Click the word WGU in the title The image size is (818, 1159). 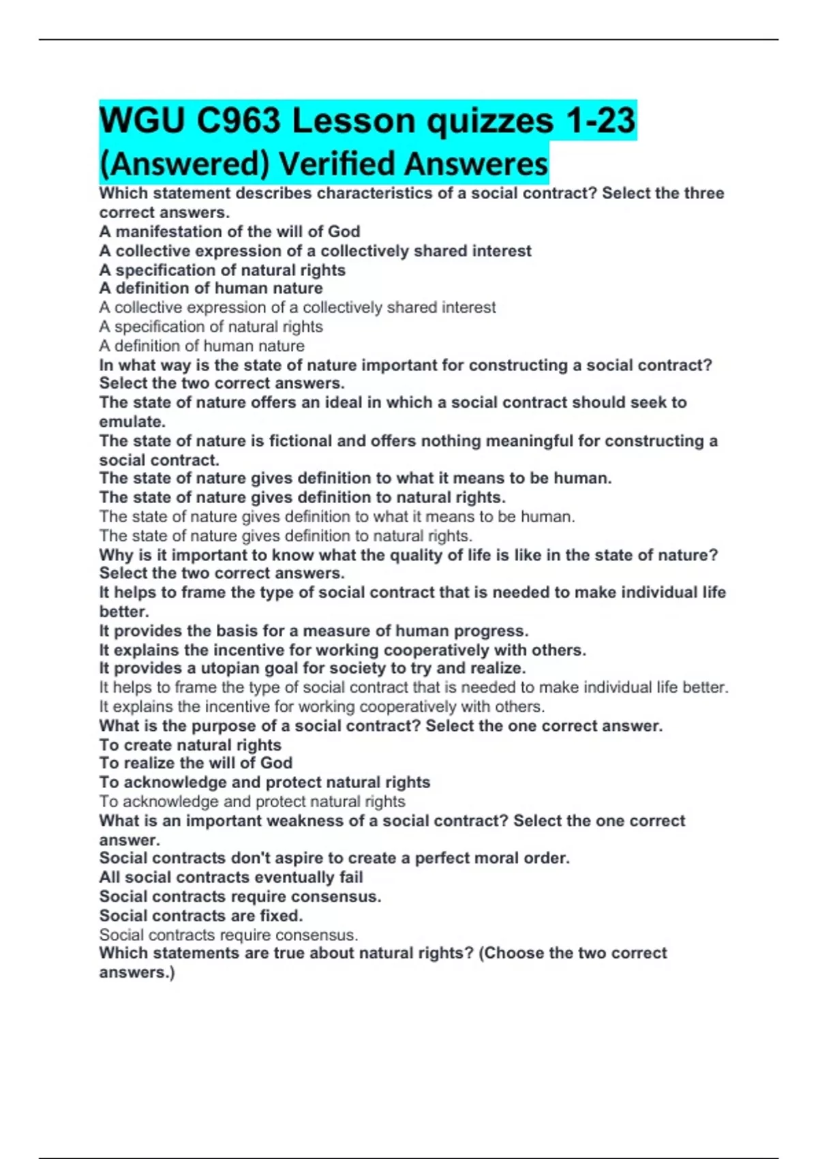[x=140, y=121]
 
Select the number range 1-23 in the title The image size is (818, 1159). [x=601, y=121]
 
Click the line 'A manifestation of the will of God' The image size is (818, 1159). [x=230, y=232]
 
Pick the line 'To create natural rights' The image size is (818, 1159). [x=190, y=745]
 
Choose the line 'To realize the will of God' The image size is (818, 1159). [x=196, y=763]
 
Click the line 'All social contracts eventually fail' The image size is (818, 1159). [x=231, y=877]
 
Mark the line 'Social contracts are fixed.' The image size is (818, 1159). [x=201, y=916]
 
